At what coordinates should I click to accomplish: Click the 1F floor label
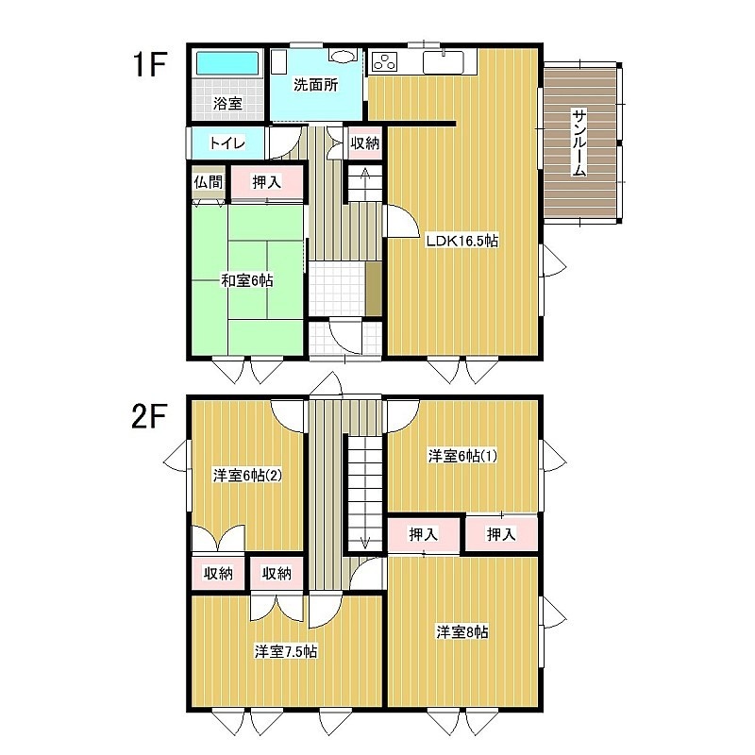click(150, 64)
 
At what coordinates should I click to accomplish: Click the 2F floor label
click(149, 416)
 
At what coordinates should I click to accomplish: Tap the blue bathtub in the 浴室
click(227, 63)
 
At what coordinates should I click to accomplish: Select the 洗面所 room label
click(316, 85)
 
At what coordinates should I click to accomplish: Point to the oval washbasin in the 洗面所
click(343, 56)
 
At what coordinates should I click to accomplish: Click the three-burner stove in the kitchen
click(384, 61)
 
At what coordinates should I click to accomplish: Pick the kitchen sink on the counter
click(443, 62)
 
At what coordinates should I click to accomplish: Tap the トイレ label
click(227, 143)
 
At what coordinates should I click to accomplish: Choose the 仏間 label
click(209, 182)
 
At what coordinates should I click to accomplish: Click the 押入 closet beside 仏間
click(267, 182)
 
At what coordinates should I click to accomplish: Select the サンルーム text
click(579, 143)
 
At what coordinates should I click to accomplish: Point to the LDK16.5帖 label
click(461, 241)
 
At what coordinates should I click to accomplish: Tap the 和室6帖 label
click(247, 280)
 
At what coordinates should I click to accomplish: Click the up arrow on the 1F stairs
click(365, 179)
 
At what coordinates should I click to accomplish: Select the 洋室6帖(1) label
click(462, 456)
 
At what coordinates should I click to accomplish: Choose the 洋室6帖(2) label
click(247, 476)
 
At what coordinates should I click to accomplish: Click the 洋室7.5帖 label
click(286, 651)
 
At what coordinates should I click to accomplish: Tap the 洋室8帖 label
click(462, 631)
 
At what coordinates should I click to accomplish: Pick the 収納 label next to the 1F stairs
click(365, 143)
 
